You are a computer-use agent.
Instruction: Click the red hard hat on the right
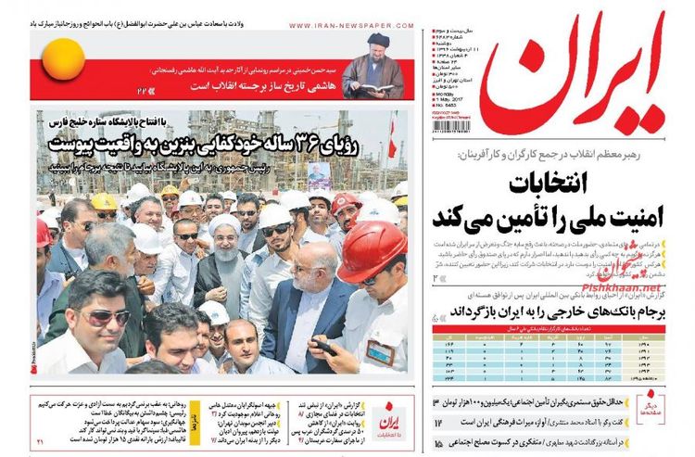[371, 249]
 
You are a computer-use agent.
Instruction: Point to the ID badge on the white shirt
[381, 353]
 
